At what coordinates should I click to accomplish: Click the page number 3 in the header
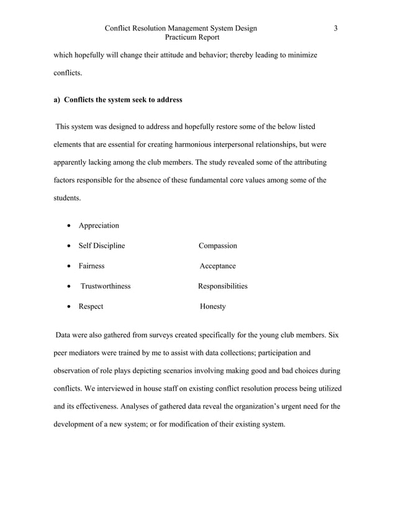click(336, 28)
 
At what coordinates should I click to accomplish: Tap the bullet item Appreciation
click(99, 226)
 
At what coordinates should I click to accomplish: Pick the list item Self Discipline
click(101, 246)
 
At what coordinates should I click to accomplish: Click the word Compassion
click(218, 246)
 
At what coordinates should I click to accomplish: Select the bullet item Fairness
click(91, 266)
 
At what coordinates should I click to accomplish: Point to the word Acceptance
click(218, 266)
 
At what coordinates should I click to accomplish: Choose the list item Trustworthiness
click(106, 286)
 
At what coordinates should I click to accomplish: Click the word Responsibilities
click(223, 286)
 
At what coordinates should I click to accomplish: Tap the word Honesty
click(213, 307)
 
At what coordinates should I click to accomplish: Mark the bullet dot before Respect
click(68, 307)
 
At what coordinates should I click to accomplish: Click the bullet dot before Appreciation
click(68, 226)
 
